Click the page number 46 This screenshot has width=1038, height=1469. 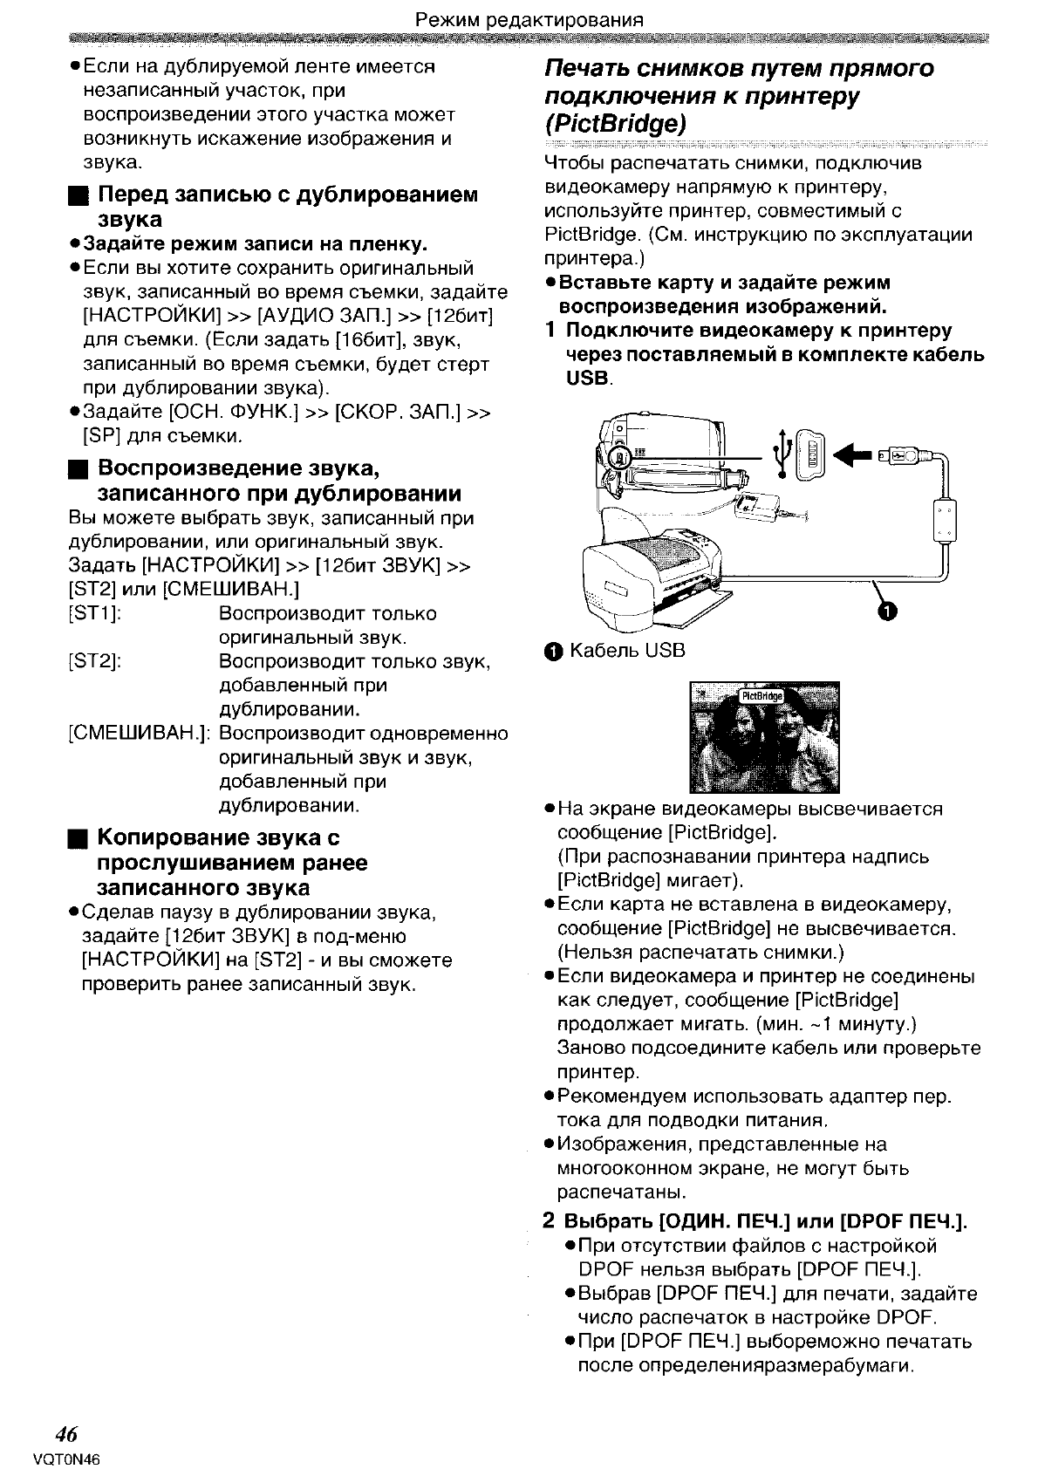pos(66,1434)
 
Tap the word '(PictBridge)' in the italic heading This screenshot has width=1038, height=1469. pos(615,122)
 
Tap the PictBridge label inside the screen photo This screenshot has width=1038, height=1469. pos(761,696)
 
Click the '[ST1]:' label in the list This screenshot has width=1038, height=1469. pos(94,614)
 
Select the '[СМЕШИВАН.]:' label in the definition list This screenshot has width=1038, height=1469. pos(140,734)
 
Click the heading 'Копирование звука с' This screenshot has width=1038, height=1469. pos(217,838)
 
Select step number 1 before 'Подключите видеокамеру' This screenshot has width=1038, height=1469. pos(549,331)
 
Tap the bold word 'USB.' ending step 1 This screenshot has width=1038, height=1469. pos(591,379)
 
